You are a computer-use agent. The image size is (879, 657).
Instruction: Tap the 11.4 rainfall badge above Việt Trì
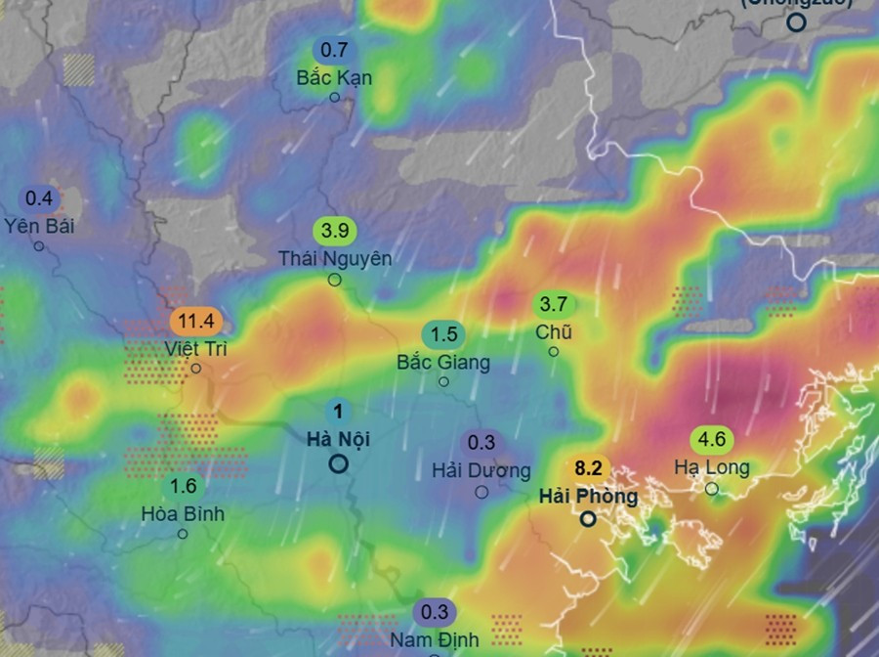[197, 321]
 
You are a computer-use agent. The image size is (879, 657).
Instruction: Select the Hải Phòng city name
[588, 497]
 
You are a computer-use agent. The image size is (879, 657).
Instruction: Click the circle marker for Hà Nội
[338, 463]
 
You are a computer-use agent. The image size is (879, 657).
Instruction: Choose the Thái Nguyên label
[335, 258]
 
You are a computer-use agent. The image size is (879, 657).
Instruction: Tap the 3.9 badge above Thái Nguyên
[335, 232]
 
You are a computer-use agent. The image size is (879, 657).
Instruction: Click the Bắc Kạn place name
[334, 77]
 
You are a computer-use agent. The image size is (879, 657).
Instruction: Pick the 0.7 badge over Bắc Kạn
[334, 50]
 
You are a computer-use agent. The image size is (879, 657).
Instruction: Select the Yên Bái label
[39, 226]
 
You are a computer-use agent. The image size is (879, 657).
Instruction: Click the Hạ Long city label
[712, 467]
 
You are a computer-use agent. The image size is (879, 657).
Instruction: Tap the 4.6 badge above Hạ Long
[712, 439]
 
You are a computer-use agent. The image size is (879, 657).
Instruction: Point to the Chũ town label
[554, 332]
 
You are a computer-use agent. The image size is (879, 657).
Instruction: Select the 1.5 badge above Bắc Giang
[443, 334]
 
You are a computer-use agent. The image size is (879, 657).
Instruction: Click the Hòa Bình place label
[183, 513]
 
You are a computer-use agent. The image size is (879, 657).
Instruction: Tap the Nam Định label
[435, 640]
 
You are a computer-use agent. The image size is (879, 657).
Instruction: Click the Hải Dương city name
[481, 470]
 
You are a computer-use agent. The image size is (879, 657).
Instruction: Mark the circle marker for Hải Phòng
[588, 519]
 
